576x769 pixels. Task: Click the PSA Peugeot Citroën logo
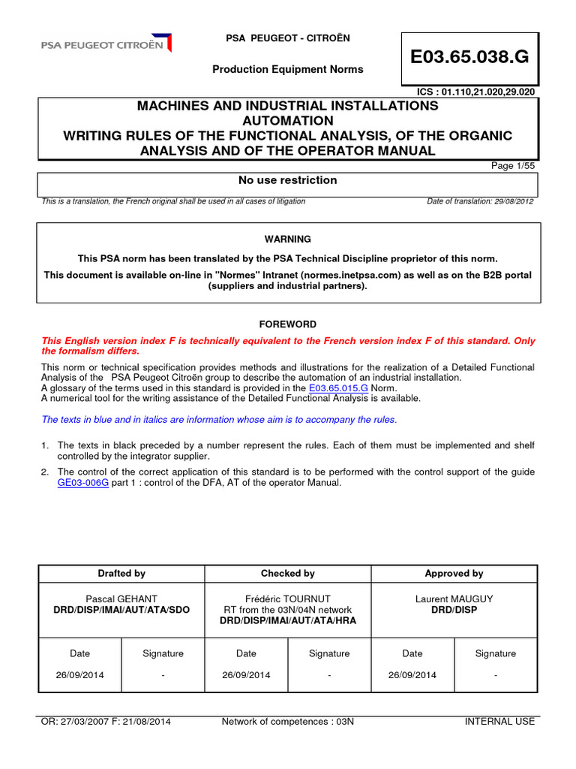tap(106, 44)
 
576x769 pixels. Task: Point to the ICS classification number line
tap(477, 92)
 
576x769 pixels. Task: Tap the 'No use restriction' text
tap(287, 180)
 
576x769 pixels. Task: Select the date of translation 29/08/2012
tap(480, 201)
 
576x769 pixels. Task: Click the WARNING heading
tap(287, 239)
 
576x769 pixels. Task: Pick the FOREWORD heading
tap(287, 324)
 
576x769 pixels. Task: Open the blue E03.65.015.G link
tap(337, 388)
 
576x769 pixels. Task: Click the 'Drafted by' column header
tap(121, 573)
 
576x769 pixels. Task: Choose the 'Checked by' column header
tap(287, 573)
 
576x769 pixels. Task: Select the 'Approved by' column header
tap(454, 573)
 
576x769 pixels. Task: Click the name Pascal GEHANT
tap(121, 599)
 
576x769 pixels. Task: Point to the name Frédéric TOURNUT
tap(287, 599)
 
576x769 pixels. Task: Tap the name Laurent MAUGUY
tap(454, 599)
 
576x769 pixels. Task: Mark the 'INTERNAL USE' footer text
tap(499, 722)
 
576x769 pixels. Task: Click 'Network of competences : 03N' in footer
tap(287, 722)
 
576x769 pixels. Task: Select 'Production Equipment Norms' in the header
tap(287, 69)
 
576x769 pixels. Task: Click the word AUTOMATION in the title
tap(287, 120)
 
